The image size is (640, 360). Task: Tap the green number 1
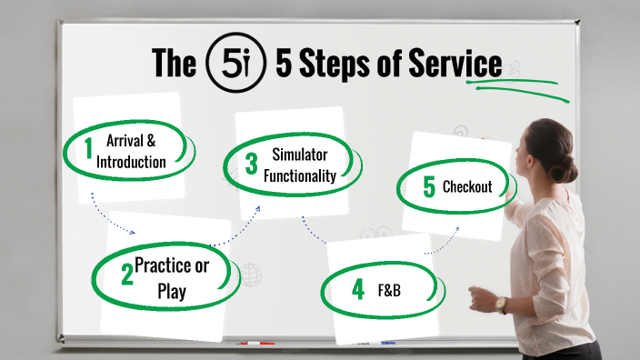(89, 150)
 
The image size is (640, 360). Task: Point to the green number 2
(127, 275)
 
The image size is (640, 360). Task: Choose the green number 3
(252, 164)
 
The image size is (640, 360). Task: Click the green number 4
(357, 291)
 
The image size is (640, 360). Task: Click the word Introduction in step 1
(131, 163)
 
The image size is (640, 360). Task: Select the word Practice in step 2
(171, 265)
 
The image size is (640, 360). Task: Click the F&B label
(389, 292)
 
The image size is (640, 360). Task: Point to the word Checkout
(467, 187)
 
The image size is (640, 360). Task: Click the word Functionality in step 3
(300, 175)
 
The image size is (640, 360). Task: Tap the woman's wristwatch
(501, 305)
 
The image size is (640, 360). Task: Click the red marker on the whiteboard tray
(256, 344)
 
